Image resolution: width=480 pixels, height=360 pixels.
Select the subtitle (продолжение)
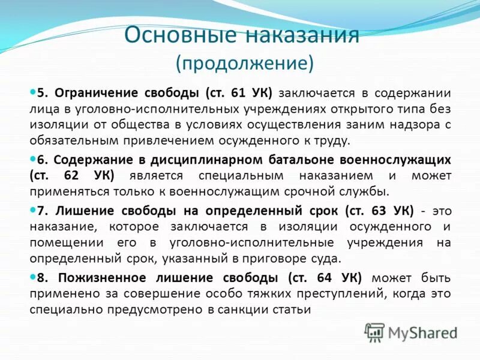pos(244,62)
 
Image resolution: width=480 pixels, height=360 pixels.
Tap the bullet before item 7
pos(33,210)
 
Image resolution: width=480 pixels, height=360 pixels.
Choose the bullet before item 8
pos(33,277)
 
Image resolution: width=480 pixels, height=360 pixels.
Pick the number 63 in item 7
pos(379,211)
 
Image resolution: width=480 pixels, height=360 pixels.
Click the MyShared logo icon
pos(375,332)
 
